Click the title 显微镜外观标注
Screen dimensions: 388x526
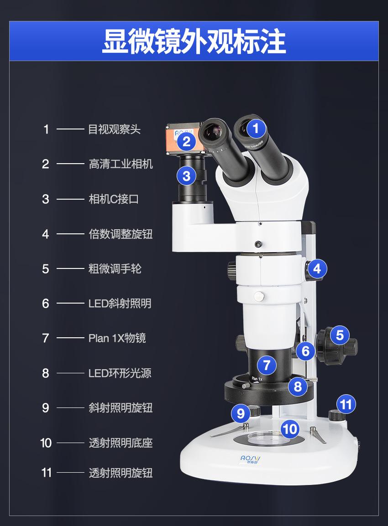tap(194, 41)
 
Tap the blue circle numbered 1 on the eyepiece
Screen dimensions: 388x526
tap(256, 129)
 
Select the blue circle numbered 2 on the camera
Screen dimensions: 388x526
tap(186, 141)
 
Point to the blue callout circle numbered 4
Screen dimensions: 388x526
tap(317, 268)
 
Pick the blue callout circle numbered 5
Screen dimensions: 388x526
tap(339, 335)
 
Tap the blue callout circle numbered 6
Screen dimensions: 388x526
tap(305, 351)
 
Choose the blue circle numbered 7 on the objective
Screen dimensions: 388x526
tap(267, 365)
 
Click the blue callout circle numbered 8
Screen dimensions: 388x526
tap(298, 387)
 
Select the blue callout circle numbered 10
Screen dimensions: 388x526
tap(289, 428)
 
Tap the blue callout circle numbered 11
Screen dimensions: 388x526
tap(346, 404)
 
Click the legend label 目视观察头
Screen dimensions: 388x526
tap(114, 129)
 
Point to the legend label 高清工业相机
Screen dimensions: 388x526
tap(121, 164)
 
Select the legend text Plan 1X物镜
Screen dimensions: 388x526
tap(117, 338)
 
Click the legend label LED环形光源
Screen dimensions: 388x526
tap(120, 373)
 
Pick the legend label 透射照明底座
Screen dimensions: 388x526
tap(121, 443)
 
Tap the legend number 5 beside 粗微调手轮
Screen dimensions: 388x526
tap(46, 269)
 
